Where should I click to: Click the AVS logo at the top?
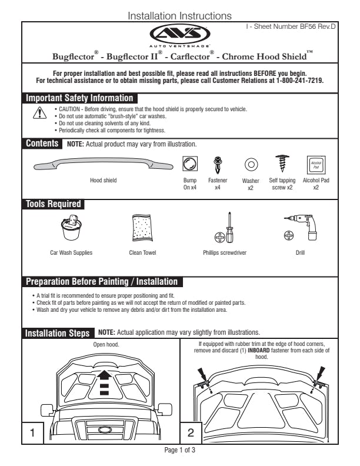(179, 34)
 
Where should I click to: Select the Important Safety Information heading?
(79, 98)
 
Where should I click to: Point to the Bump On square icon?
(190, 164)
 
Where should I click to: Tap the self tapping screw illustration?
(281, 163)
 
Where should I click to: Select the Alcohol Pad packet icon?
(316, 164)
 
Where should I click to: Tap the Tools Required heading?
(53, 204)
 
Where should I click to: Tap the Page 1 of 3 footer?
(179, 450)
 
